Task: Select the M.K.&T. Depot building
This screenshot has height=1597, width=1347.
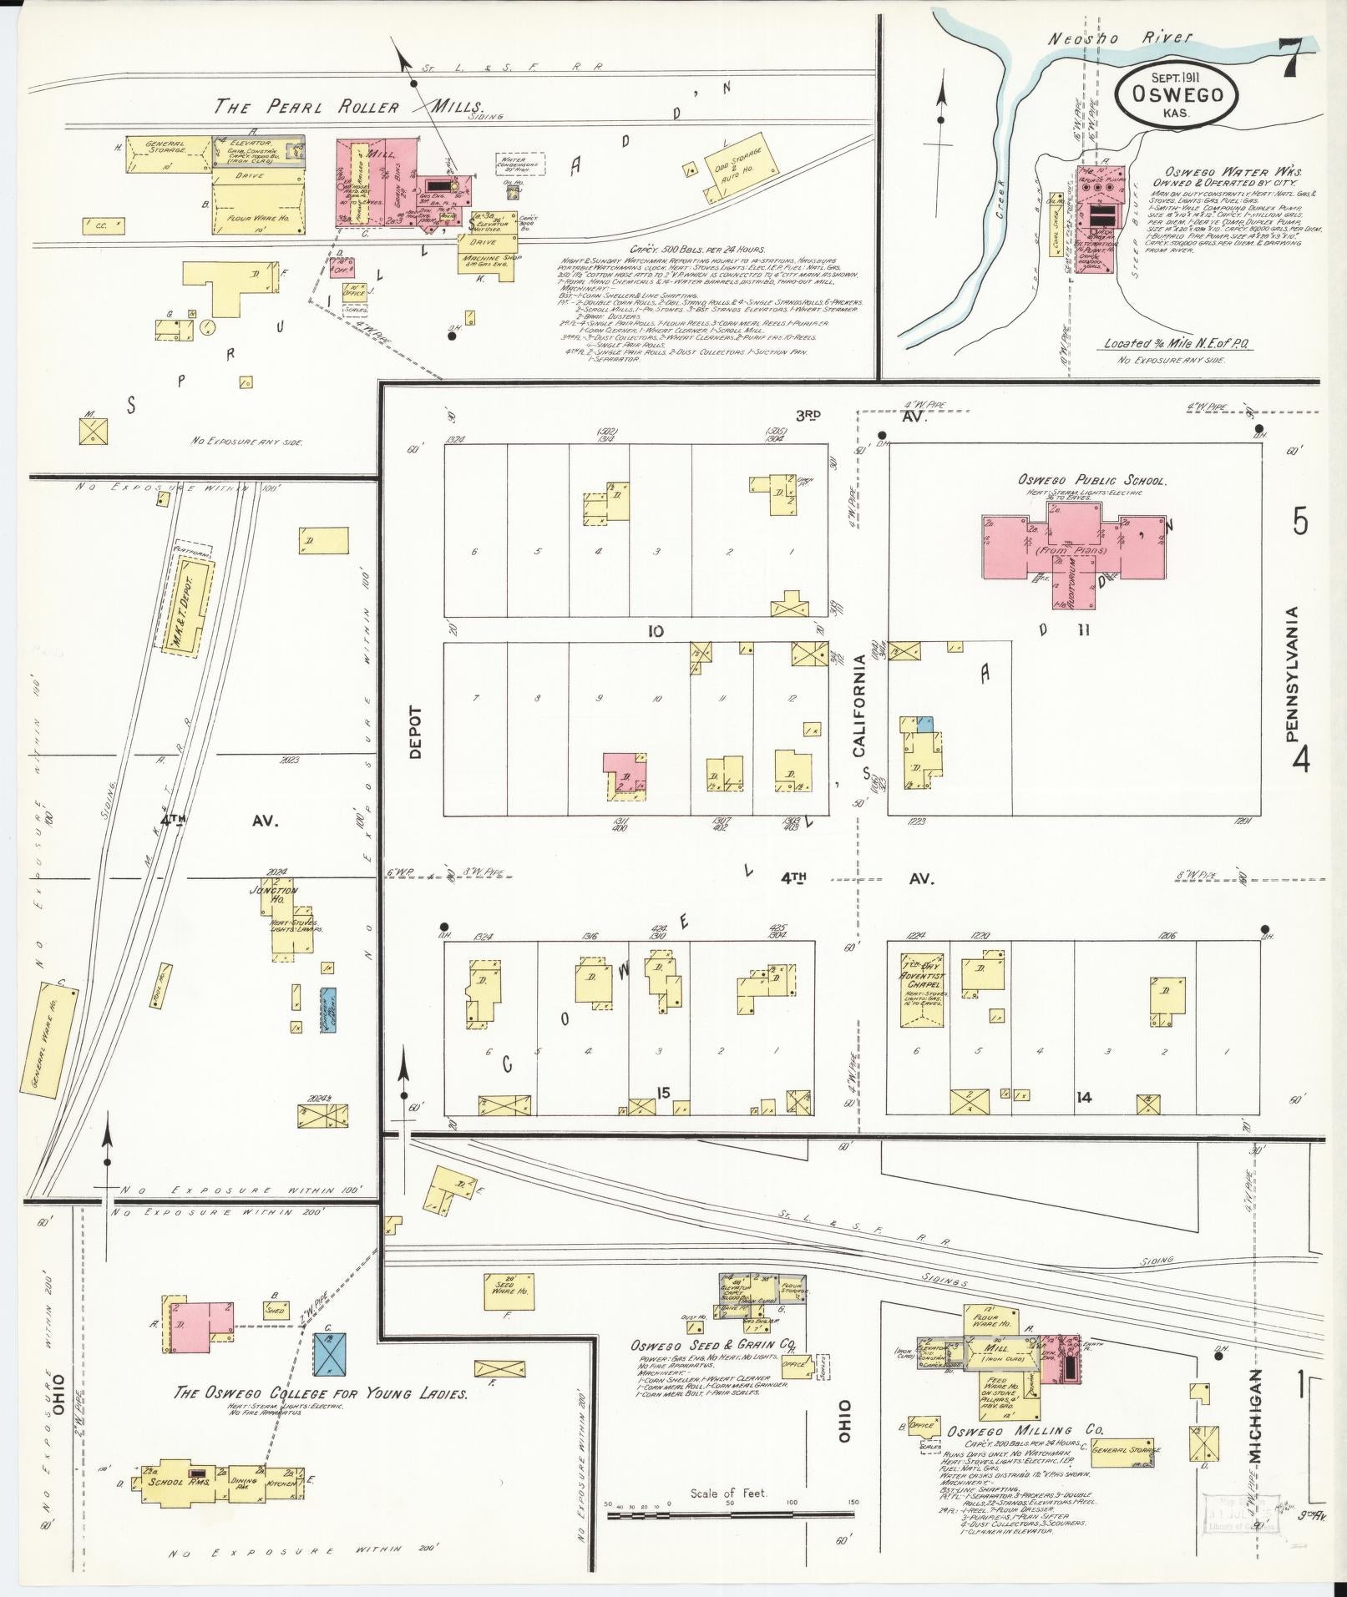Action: tap(185, 603)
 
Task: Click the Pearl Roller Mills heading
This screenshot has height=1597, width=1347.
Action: tap(349, 107)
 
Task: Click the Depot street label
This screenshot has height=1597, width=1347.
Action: tap(415, 732)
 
